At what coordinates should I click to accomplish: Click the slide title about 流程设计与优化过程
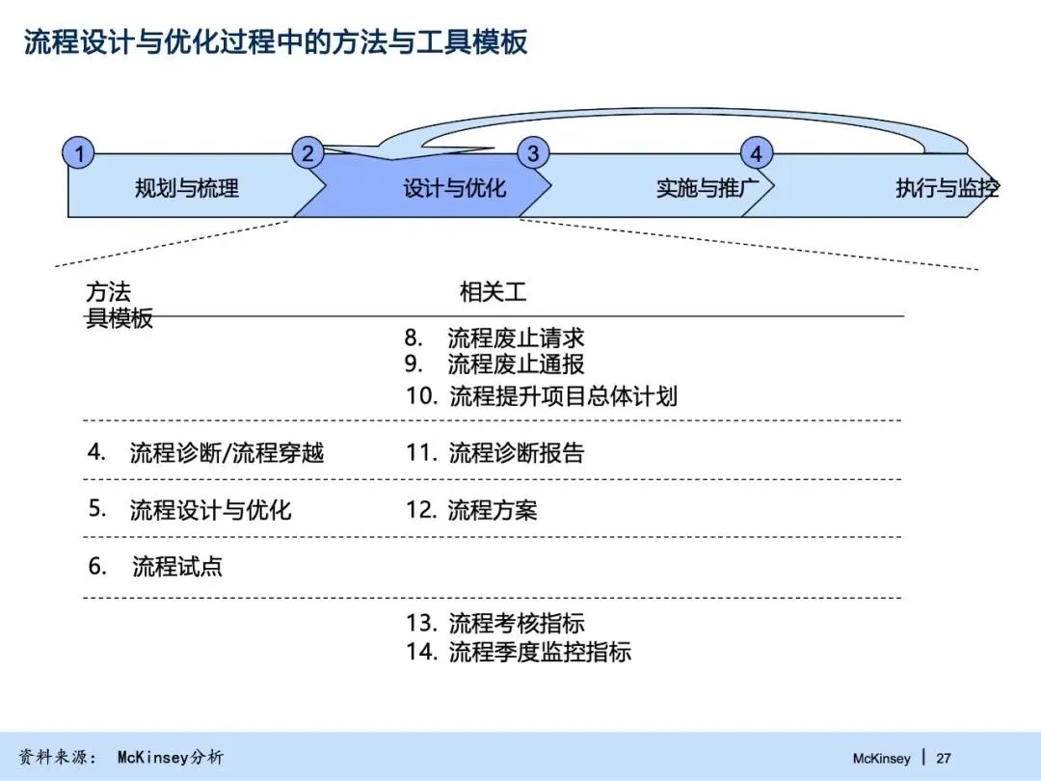[276, 43]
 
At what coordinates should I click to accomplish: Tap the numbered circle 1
[79, 153]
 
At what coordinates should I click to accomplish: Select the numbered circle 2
[307, 153]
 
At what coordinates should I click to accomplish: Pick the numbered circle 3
[532, 153]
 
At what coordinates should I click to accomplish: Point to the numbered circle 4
[757, 154]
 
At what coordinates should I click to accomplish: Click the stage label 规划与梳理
[187, 189]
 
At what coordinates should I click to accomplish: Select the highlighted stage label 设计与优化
[454, 189]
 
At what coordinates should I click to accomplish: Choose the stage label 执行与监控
[947, 189]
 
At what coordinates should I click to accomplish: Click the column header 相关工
[493, 292]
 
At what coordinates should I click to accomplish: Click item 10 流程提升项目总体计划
[542, 396]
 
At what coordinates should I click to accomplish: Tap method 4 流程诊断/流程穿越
[206, 452]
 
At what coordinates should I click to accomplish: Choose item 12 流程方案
[471, 510]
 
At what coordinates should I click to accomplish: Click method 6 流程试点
[155, 567]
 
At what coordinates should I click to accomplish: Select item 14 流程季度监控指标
[519, 653]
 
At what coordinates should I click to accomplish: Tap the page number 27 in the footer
[944, 759]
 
